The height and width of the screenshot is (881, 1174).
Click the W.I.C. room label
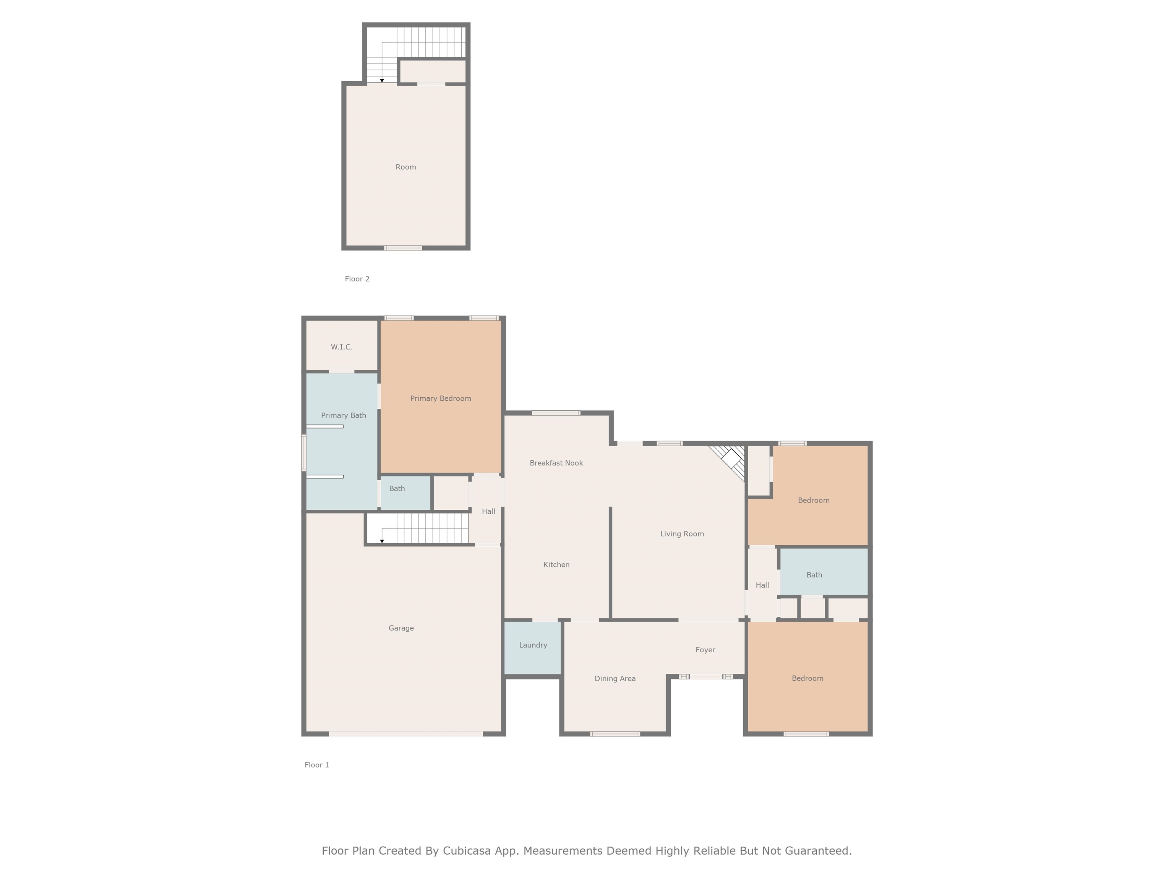coord(341,347)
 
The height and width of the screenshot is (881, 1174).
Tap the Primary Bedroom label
coord(441,398)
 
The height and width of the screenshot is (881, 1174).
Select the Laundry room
coord(533,645)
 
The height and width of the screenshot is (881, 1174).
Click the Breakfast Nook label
coord(556,463)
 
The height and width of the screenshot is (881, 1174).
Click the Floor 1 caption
coord(317,765)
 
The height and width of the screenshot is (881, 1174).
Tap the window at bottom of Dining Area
coord(615,734)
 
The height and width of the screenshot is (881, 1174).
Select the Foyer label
coord(705,649)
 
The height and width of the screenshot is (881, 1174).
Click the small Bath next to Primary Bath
coord(397,489)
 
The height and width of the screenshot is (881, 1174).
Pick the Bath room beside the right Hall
coord(814,575)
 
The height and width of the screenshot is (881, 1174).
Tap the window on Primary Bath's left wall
coord(303,452)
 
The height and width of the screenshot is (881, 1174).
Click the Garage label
coord(401,628)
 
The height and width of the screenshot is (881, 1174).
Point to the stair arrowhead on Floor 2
coord(382,81)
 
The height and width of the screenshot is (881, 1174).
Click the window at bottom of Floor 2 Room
coord(403,248)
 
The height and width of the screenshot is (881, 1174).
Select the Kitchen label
coord(556,564)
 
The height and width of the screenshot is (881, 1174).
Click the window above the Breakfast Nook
coord(556,413)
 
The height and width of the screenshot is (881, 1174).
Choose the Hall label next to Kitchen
coord(488,511)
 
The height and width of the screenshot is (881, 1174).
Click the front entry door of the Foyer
coord(706,676)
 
